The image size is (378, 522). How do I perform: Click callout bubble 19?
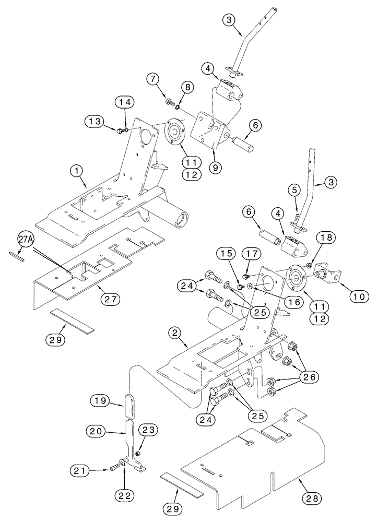click(101, 401)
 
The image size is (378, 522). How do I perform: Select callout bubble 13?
click(95, 122)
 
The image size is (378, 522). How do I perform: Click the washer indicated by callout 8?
click(179, 108)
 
